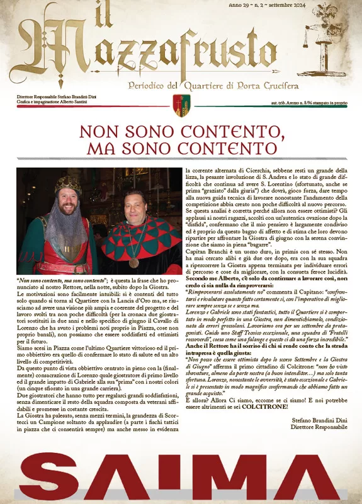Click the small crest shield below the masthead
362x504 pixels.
(181, 105)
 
